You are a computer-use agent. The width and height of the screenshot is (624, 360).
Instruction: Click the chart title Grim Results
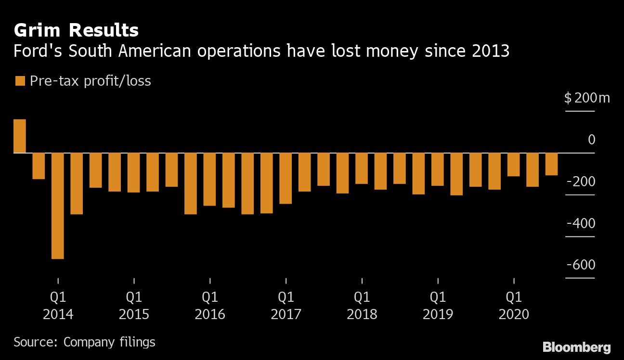(76, 30)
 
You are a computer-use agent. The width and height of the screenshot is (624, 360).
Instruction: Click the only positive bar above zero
(20, 136)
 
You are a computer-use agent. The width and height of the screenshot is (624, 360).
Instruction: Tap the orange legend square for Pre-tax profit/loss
(20, 81)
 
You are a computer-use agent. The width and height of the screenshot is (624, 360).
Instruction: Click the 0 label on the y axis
(591, 140)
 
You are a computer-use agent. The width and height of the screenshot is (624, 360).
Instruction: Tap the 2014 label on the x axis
(58, 314)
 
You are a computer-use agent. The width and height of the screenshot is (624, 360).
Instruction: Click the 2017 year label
(286, 314)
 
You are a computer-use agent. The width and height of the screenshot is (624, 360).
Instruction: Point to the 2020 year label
(514, 314)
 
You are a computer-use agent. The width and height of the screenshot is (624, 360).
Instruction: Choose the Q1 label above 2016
(210, 296)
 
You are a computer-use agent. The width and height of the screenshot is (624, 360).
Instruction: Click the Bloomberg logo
(576, 347)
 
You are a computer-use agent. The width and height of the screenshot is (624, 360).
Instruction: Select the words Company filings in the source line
(109, 342)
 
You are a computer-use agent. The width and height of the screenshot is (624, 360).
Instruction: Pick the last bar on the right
(551, 164)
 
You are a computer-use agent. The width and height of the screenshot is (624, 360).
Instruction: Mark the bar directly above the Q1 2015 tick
(134, 172)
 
